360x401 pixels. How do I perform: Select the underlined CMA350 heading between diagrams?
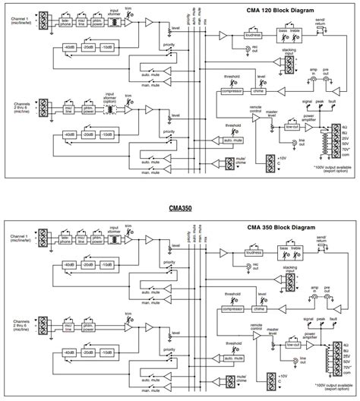coord(180,207)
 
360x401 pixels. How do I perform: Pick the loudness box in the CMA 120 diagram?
coord(254,35)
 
